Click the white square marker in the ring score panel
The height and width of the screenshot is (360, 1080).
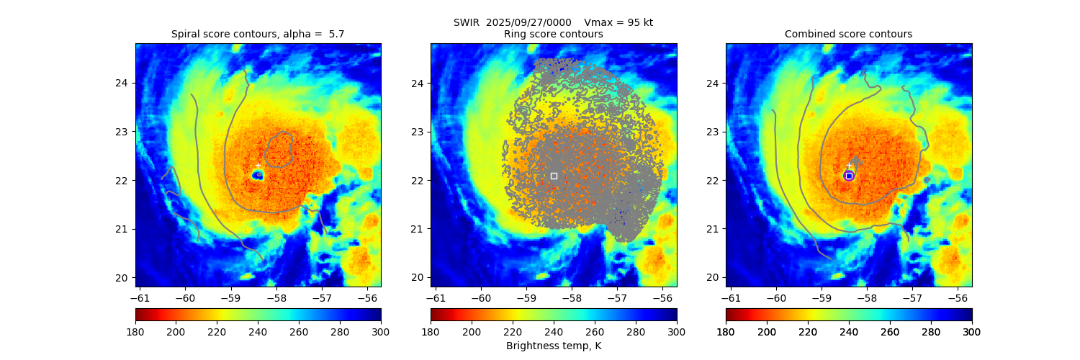(x=554, y=176)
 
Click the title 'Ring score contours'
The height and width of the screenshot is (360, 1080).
(x=553, y=34)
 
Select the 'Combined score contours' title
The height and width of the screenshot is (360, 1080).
(x=848, y=34)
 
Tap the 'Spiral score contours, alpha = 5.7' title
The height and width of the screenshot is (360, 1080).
(x=258, y=34)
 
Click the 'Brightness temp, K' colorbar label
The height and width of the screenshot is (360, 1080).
(x=553, y=346)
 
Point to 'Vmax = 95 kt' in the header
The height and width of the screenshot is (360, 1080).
(x=618, y=22)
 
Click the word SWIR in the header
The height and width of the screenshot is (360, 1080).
(x=467, y=22)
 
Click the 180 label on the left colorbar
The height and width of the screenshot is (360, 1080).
(x=135, y=331)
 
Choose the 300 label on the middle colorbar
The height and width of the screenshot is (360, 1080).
(x=677, y=331)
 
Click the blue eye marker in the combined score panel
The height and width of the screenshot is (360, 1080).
(x=849, y=176)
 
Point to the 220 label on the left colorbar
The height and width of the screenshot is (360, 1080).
(x=217, y=331)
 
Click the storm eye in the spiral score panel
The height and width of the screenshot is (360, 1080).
(x=258, y=175)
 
